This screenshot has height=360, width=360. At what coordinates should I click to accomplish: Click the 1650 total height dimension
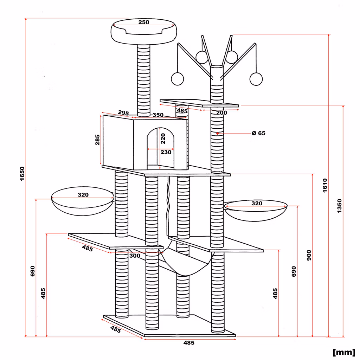pos(22,174)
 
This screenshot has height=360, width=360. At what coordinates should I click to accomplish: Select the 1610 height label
pos(324,185)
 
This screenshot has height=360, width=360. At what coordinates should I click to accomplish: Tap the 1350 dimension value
pos(339,206)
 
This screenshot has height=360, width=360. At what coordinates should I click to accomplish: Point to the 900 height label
pos(309,255)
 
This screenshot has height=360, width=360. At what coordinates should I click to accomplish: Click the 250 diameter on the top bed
pos(144,22)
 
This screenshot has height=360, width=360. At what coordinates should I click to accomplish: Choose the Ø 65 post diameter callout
pos(258,133)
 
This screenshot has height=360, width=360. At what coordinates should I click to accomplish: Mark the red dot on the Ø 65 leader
pos(217,133)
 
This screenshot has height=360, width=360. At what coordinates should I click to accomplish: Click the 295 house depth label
pos(123,113)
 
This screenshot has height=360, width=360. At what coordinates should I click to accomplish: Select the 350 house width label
pos(158,115)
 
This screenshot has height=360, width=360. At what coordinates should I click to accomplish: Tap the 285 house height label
pos(97,140)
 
